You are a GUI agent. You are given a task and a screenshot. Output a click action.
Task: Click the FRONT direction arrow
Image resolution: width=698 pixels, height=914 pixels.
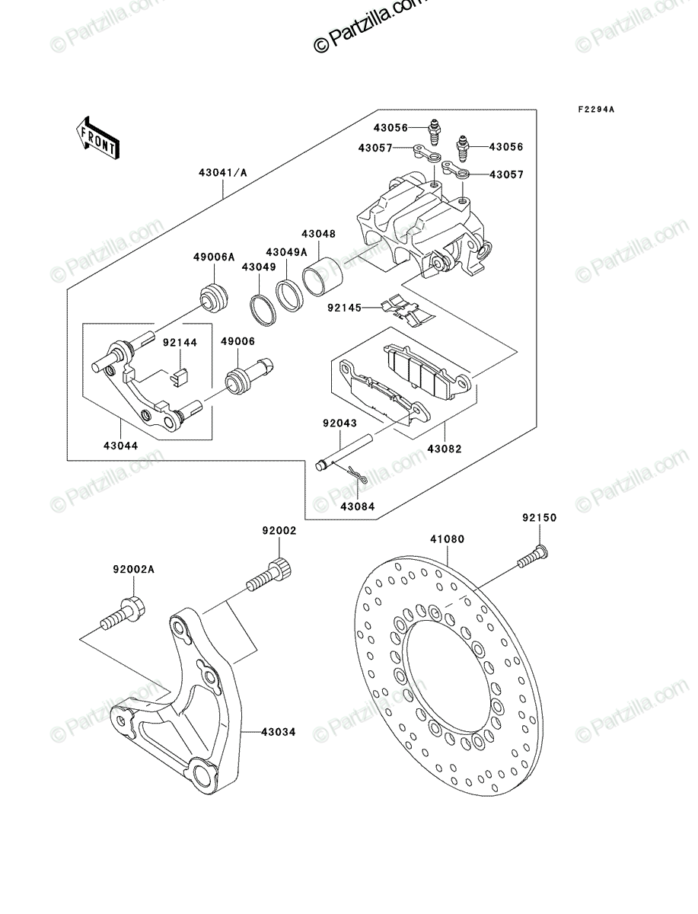point(97,139)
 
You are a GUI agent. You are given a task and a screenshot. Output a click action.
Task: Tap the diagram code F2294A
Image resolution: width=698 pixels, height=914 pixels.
point(596,110)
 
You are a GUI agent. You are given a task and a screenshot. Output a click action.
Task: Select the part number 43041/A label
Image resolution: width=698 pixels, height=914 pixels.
point(222,172)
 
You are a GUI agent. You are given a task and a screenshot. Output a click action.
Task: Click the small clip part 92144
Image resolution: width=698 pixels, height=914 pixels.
point(179,377)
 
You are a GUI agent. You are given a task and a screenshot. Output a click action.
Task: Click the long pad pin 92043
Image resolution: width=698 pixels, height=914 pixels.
point(345,452)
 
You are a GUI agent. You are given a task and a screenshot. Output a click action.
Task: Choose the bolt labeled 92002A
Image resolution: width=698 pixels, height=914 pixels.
point(123,622)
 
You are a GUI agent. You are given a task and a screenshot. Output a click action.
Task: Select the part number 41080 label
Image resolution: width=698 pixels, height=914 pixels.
point(447,538)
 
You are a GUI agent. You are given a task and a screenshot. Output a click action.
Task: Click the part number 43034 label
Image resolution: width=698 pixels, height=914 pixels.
point(279,732)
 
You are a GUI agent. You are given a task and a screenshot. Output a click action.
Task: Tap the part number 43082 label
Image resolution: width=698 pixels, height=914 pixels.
point(445,449)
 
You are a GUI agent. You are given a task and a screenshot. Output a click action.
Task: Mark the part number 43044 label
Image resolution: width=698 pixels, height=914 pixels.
point(120,446)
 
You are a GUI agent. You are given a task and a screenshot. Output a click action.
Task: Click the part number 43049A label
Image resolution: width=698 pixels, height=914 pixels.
point(287,252)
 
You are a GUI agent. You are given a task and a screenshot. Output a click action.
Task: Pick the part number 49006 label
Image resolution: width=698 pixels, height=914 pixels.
point(237,341)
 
